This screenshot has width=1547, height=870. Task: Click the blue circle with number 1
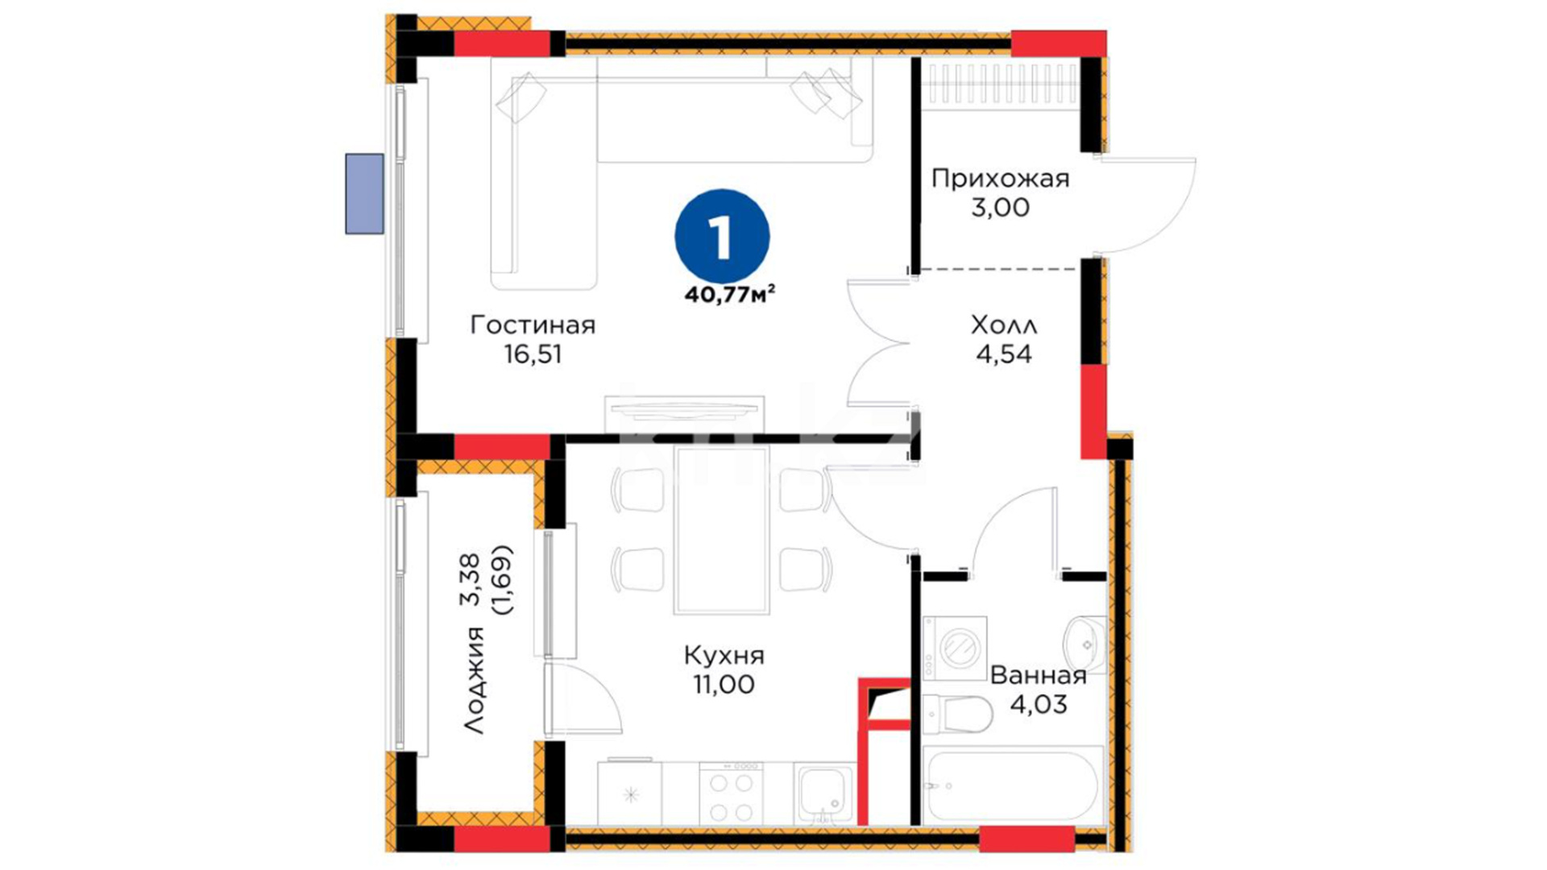click(x=722, y=237)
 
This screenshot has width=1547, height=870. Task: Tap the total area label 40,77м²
click(x=730, y=294)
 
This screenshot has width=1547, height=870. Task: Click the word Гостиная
click(x=533, y=325)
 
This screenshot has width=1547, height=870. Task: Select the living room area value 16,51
click(x=533, y=354)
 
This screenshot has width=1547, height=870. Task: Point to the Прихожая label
click(x=1000, y=179)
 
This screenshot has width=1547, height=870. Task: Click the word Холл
click(x=1004, y=325)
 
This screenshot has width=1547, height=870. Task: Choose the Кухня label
click(x=724, y=656)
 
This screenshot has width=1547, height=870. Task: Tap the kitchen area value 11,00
click(x=724, y=685)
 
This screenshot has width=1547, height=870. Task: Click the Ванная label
click(x=1038, y=675)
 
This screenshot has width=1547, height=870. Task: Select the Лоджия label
click(x=475, y=680)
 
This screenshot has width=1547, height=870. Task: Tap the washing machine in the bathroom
click(x=955, y=648)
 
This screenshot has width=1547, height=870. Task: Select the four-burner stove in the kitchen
click(x=732, y=793)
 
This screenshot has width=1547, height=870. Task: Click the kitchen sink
click(x=823, y=793)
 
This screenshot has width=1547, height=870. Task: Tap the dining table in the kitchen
click(x=722, y=530)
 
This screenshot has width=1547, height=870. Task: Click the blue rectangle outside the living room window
click(x=364, y=194)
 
